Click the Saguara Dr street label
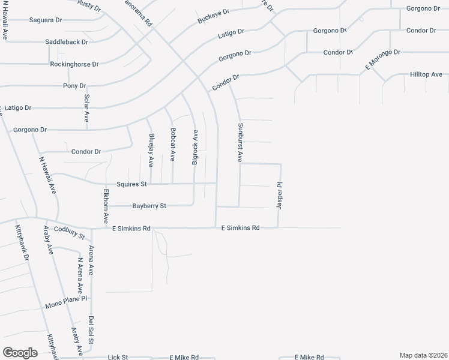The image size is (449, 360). click(46, 20)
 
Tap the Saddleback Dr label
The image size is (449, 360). click(67, 42)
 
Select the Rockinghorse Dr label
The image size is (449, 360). click(74, 64)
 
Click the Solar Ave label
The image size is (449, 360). click(86, 108)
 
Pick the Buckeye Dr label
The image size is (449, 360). click(214, 16)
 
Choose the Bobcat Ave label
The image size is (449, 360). click(173, 144)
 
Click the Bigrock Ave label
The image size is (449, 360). click(195, 148)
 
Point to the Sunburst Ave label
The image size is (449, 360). click(239, 143)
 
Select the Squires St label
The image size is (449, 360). click(131, 184)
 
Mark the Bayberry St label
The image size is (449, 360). click(149, 206)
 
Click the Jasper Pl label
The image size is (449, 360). click(279, 196)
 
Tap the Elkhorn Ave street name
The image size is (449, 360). click(106, 206)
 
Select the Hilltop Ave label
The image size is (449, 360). click(426, 74)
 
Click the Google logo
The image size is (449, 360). click(20, 352)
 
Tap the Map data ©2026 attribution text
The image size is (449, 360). click(423, 355)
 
